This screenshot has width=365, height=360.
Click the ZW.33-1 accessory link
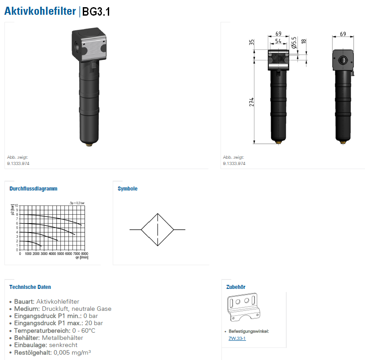coord(237,339)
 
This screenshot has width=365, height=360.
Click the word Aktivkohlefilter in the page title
coord(40,11)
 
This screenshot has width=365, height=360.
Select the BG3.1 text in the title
coord(96,12)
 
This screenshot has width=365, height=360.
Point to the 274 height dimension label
coord(251,102)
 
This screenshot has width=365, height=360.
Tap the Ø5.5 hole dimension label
coord(294,42)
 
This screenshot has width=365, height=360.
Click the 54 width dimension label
coord(278,41)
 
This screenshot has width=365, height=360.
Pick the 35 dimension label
coord(251,42)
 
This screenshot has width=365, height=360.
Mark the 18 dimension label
coord(304,42)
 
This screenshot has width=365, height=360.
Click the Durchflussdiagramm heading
coord(33,188)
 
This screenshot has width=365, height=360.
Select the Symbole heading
coord(127,188)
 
